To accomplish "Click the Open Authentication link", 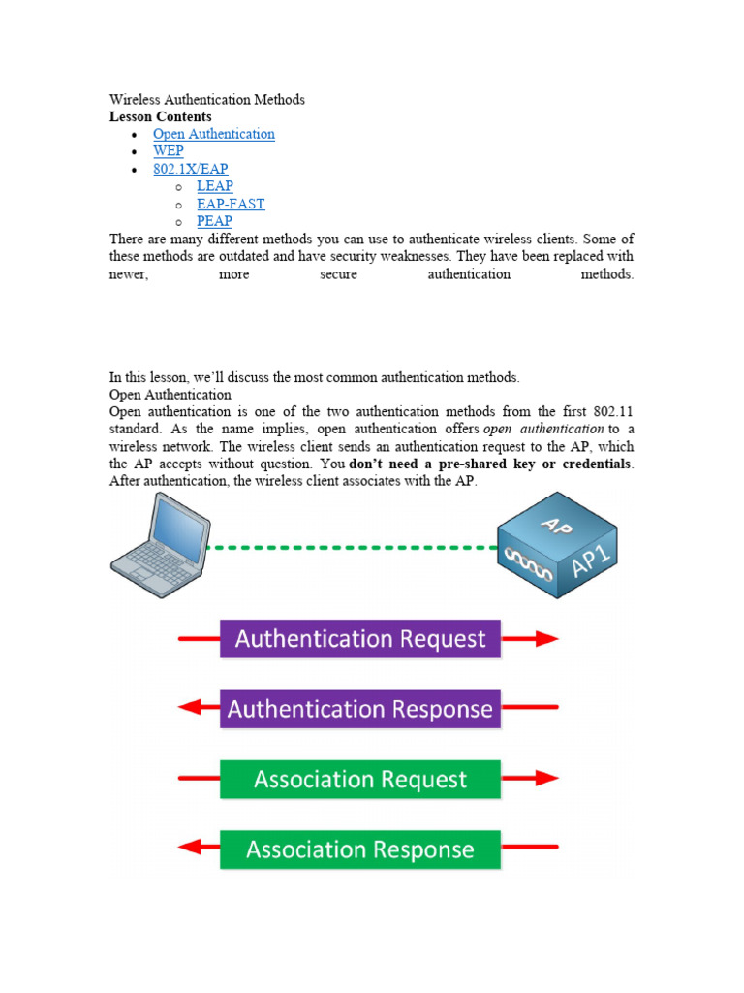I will tap(213, 134).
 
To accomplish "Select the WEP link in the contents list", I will tap(168, 151).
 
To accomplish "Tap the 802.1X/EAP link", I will tap(190, 169).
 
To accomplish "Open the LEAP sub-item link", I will tap(214, 186).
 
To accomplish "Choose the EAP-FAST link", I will tap(230, 204).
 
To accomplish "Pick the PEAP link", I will tap(214, 221).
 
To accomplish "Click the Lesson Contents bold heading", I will tap(160, 116).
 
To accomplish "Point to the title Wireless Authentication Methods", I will tap(206, 99).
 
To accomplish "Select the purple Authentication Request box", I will tap(360, 639).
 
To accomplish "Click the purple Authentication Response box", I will tap(360, 709).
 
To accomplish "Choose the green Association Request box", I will tap(360, 779).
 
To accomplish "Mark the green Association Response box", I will tap(360, 849).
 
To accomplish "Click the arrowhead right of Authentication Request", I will tap(547, 639).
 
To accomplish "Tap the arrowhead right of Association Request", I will tap(547, 779).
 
